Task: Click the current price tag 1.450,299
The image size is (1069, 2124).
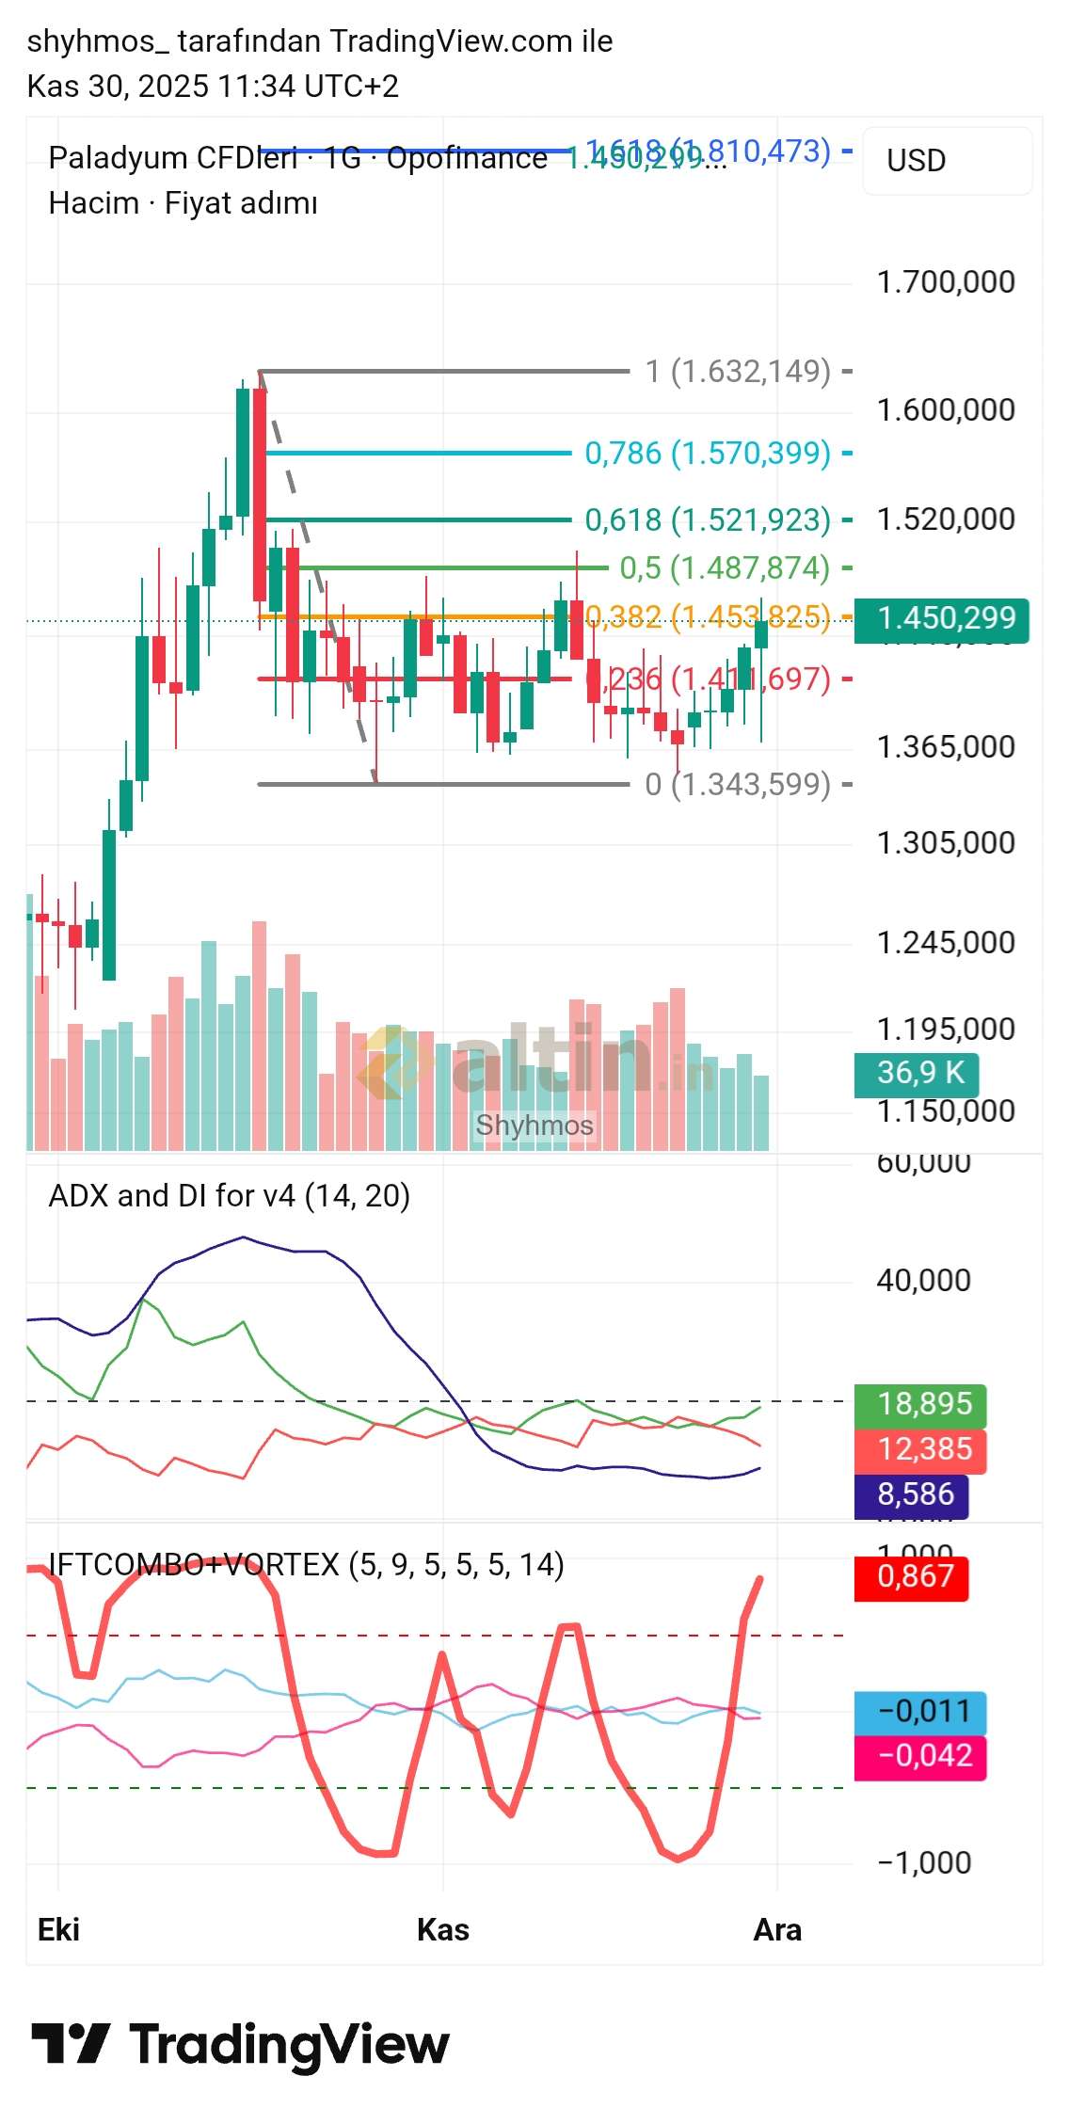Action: (x=941, y=619)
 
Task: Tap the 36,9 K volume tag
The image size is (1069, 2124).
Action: (x=916, y=1073)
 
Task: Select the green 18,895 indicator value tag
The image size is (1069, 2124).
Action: (x=919, y=1404)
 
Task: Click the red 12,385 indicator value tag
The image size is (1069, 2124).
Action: (x=919, y=1449)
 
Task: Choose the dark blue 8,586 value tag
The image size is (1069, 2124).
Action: (x=911, y=1494)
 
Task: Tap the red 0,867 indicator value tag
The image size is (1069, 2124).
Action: (x=911, y=1576)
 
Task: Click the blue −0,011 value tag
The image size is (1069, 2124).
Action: (x=919, y=1711)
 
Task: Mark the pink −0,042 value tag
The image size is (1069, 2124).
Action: (x=919, y=1756)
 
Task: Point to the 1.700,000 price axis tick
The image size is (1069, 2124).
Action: (x=945, y=282)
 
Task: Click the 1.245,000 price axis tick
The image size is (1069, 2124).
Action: (x=945, y=943)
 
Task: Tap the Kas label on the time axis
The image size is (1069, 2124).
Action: (x=443, y=1930)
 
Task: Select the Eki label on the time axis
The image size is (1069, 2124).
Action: (x=58, y=1930)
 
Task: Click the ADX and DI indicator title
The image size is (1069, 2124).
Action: (x=229, y=1196)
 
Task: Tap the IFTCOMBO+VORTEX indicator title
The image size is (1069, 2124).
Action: (x=306, y=1565)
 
